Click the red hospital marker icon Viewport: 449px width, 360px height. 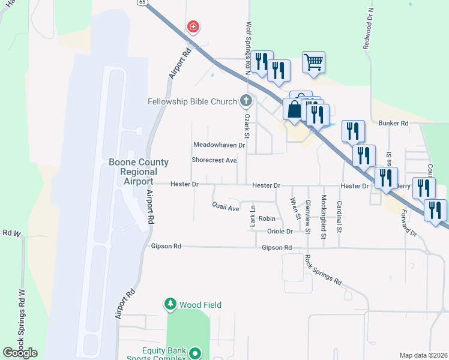click(193, 26)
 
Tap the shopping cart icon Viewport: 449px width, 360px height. click(313, 61)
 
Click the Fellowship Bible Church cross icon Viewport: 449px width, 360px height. click(245, 101)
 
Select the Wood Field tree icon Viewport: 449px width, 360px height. click(170, 305)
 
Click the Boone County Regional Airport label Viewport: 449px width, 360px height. click(139, 172)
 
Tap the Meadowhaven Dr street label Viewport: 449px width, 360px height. click(220, 145)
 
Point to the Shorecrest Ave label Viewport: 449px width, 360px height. click(214, 160)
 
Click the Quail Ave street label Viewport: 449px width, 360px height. click(226, 208)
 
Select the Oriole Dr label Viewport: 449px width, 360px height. click(280, 231)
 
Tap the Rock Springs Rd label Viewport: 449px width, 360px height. click(322, 270)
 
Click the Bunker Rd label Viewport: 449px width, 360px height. click(394, 123)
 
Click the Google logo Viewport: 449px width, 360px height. click(20, 353)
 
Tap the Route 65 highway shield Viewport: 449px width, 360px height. click(142, 2)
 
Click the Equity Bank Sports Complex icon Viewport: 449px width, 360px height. click(194, 354)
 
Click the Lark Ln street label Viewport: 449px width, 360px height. click(253, 216)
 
